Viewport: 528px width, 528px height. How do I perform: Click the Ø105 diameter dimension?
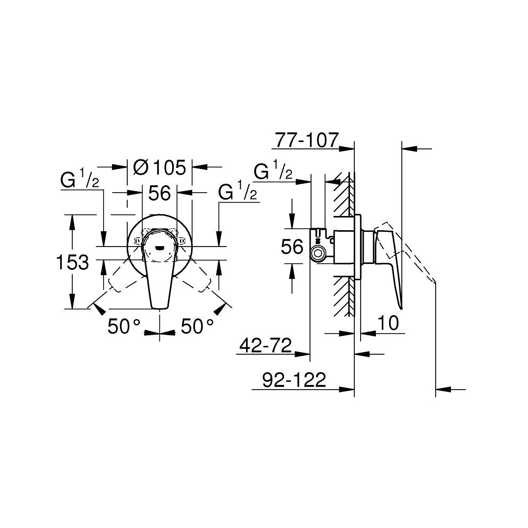[x=159, y=167]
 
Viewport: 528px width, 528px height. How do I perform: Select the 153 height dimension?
[x=72, y=262]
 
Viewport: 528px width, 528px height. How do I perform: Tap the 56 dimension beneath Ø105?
[x=159, y=194]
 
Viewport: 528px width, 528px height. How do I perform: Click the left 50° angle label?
[x=124, y=327]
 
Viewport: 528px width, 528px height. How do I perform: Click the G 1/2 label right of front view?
[x=238, y=192]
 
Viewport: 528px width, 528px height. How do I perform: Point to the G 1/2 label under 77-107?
[x=274, y=172]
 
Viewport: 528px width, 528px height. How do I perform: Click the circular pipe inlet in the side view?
[x=318, y=254]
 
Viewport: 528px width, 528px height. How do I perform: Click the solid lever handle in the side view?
[x=393, y=264]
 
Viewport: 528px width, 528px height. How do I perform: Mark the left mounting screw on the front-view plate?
[x=139, y=242]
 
